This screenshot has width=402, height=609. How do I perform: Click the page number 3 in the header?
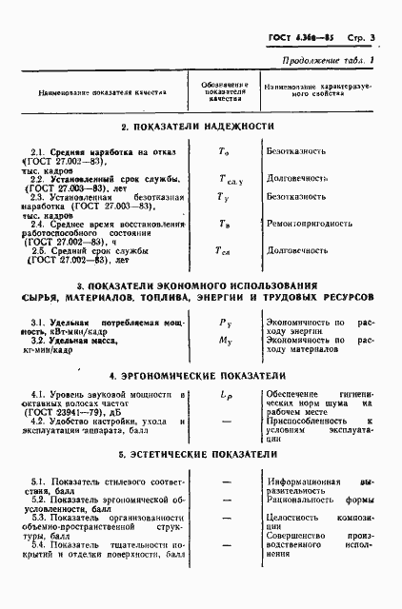click(374, 38)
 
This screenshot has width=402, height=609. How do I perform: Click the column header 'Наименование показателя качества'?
click(102, 93)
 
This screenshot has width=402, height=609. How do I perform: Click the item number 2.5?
click(40, 251)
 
